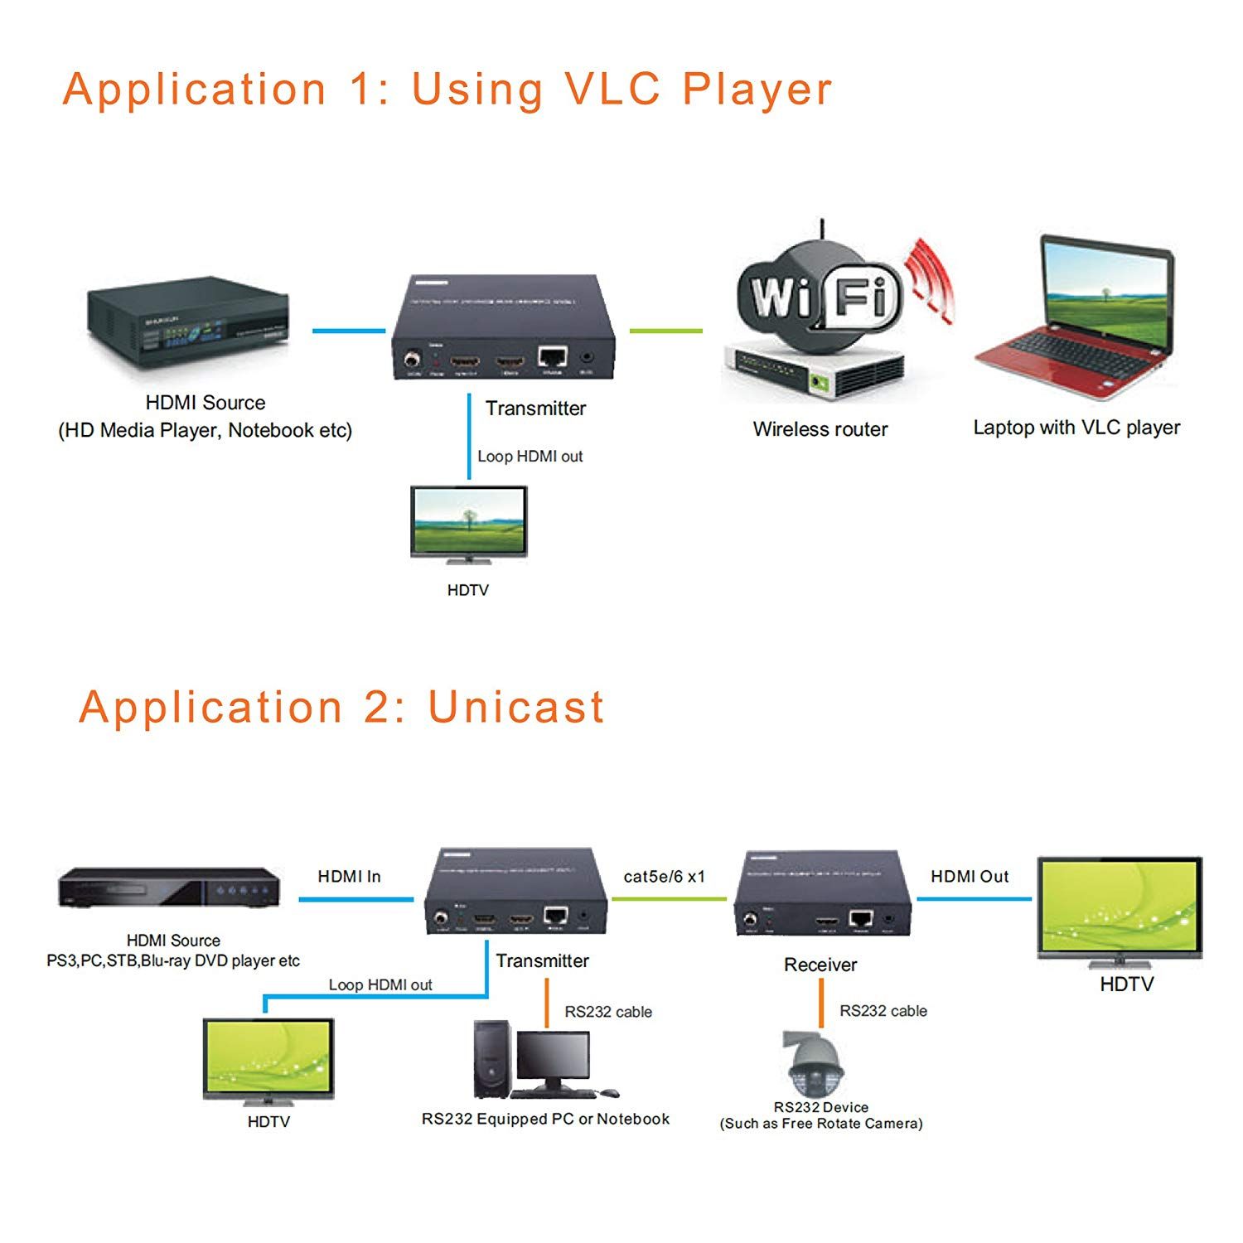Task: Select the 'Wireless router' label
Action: [820, 429]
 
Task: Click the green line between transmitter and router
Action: [665, 331]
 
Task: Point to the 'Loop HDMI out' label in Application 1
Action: [530, 457]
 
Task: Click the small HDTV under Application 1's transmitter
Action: [468, 524]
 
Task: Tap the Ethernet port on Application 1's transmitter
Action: [552, 358]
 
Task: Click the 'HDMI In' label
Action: [349, 877]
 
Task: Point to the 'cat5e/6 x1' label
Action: [664, 877]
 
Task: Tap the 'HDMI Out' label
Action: [970, 877]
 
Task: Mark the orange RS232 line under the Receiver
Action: [821, 1003]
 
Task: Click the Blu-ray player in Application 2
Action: [169, 888]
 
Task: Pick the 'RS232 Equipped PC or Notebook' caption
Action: [545, 1120]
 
